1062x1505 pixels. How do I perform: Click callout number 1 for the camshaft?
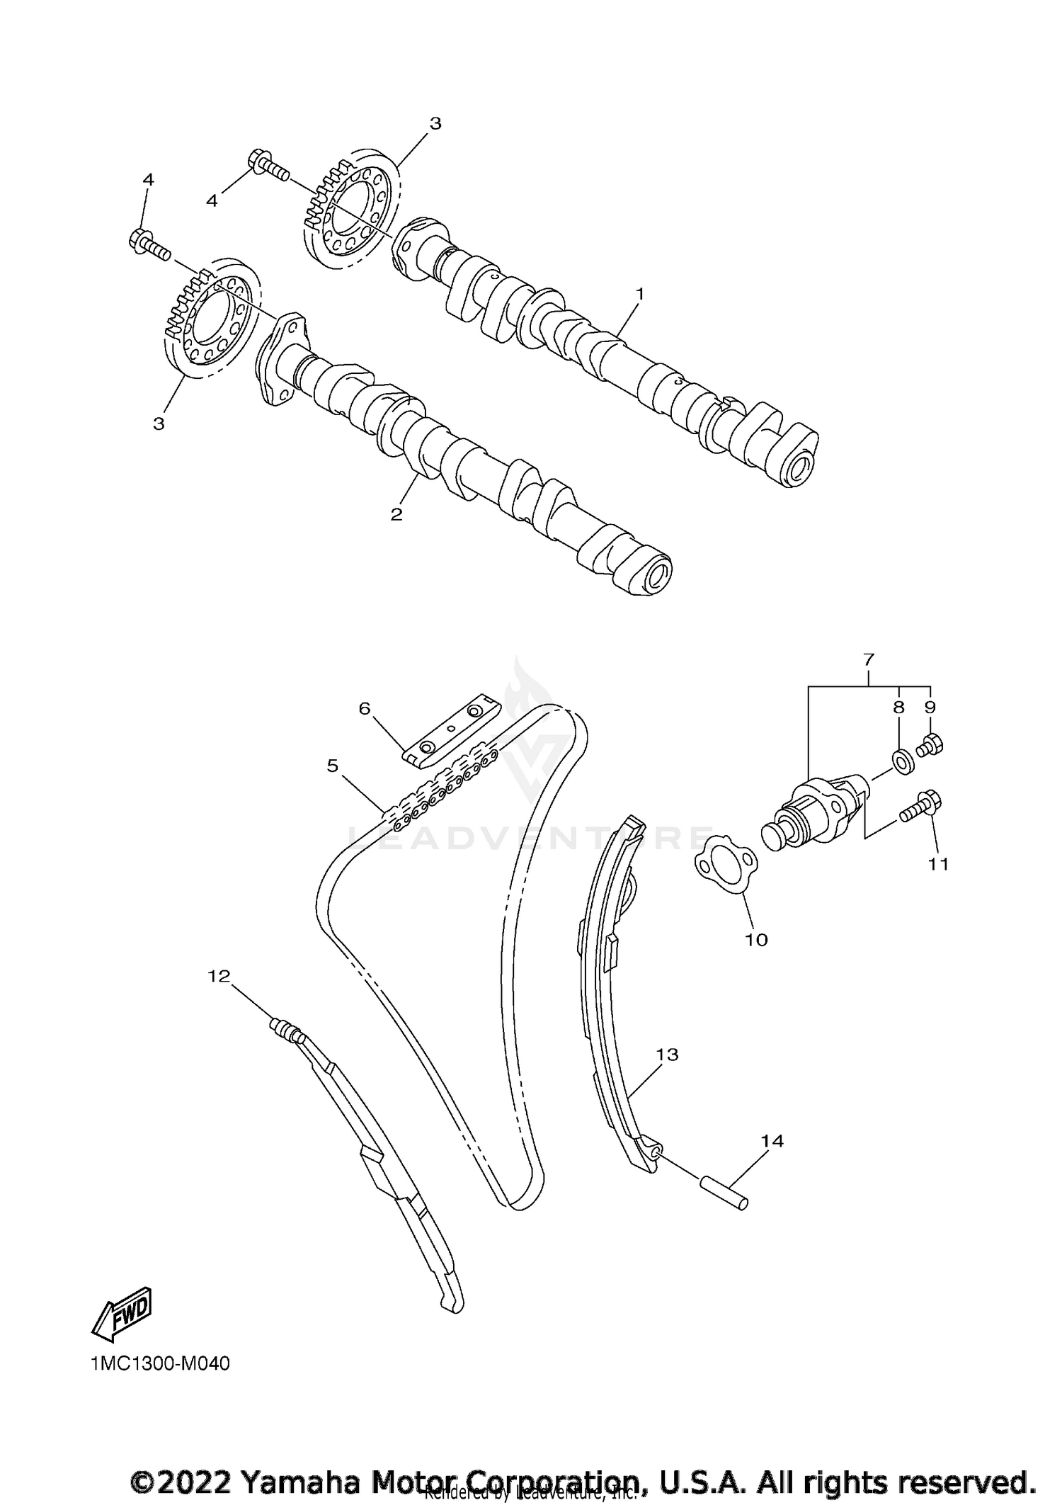pos(639,293)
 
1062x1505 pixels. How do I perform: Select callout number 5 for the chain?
pos(333,766)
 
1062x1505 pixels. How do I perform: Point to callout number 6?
pos(365,708)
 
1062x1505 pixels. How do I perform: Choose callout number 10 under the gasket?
pos(756,939)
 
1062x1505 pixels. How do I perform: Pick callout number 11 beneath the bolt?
pos(938,864)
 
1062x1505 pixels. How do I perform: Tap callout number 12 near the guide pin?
pos(219,976)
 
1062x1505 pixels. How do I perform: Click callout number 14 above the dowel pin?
pos(773,1141)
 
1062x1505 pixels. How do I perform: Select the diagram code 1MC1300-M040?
pos(161,1363)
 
